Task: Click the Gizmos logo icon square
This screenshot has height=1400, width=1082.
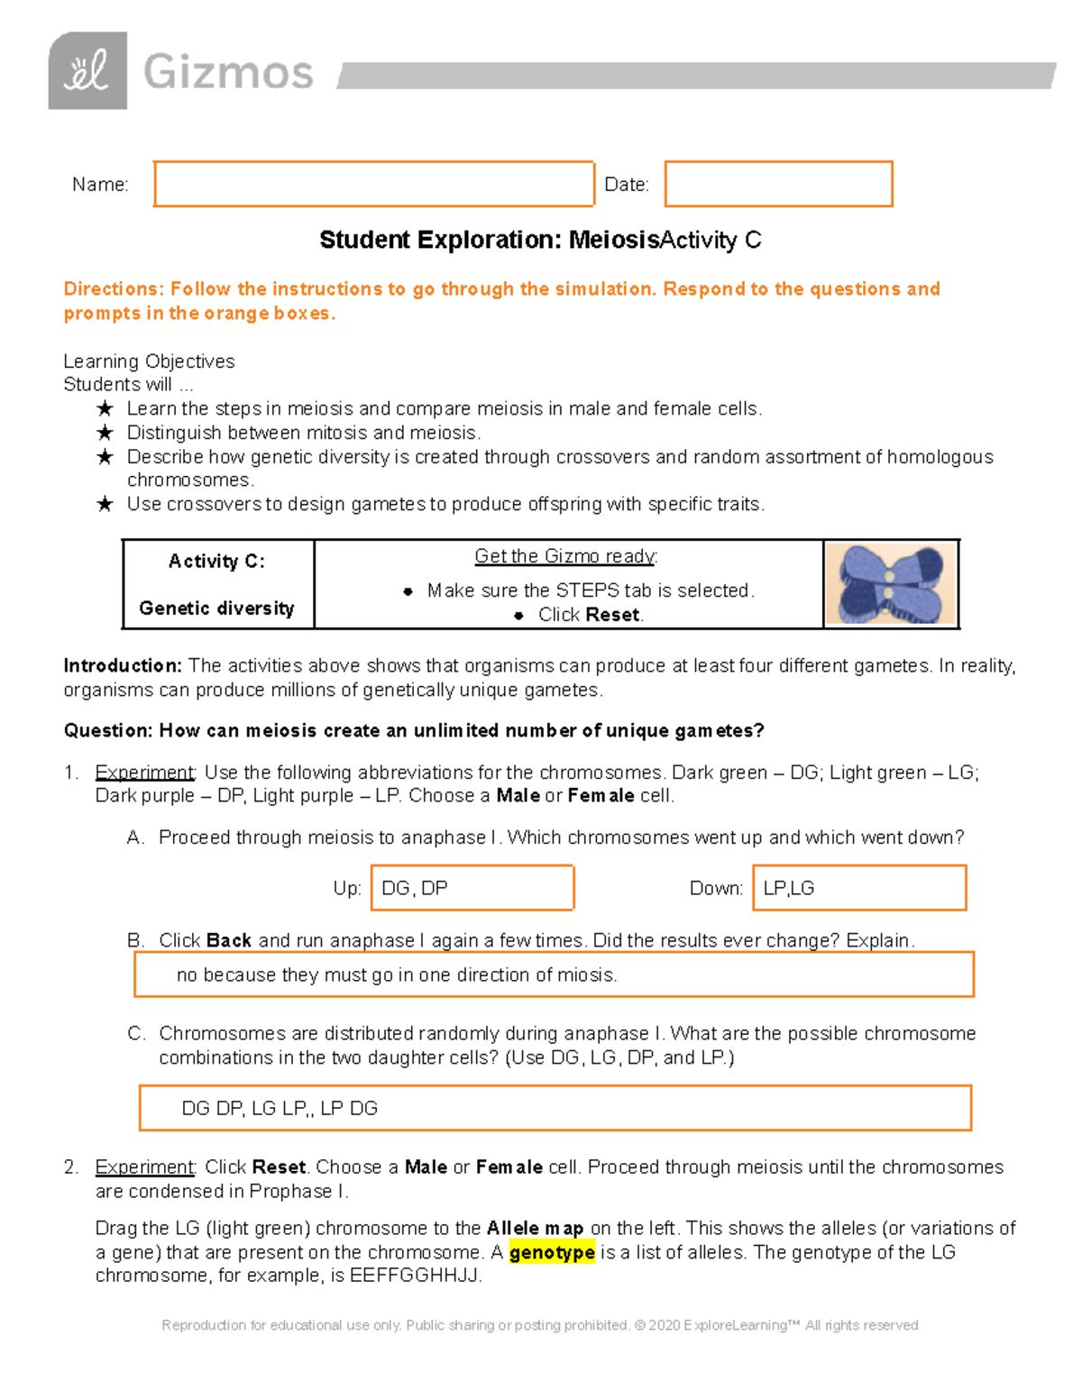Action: point(87,71)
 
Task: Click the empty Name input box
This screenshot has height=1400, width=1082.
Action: point(373,184)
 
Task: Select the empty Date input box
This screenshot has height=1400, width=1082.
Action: point(778,184)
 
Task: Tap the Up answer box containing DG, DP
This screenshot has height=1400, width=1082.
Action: point(474,888)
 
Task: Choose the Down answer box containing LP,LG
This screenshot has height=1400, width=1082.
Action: point(858,888)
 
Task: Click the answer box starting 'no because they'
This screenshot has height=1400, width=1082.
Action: point(554,975)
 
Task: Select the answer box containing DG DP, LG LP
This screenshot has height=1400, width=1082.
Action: point(555,1108)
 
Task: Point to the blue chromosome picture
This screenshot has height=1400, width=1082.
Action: point(890,584)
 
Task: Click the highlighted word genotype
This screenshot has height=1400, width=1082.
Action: point(552,1252)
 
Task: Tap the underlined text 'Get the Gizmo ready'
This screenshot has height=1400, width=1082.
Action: point(566,556)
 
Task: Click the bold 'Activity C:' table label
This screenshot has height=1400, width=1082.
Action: point(216,561)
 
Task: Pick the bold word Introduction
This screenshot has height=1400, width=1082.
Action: point(123,665)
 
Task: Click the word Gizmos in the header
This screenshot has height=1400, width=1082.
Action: point(228,72)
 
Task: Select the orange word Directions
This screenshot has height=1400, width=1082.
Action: point(114,288)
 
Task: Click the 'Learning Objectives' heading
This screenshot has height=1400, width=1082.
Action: point(149,361)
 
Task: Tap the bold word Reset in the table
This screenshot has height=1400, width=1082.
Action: point(612,615)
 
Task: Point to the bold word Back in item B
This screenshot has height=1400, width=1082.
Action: point(229,940)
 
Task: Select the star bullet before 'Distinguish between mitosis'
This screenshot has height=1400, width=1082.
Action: point(105,433)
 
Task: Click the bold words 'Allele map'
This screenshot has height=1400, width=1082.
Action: point(535,1228)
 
